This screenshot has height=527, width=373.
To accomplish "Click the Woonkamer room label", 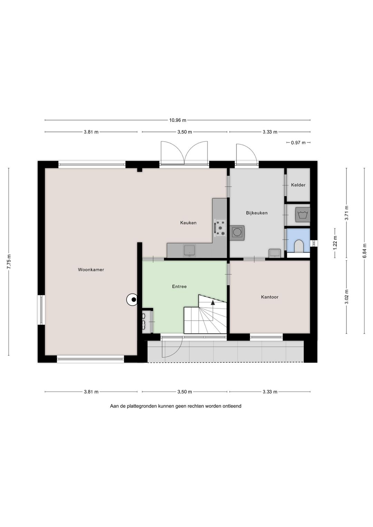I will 91,270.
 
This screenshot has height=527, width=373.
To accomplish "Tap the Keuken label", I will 188,223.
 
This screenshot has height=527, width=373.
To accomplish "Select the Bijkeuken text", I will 257,213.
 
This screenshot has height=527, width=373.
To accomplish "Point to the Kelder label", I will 298,185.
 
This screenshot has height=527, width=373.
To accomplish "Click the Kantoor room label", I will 270,297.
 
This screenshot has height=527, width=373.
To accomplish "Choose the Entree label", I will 179,286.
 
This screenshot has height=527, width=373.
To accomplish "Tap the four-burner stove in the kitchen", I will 220,228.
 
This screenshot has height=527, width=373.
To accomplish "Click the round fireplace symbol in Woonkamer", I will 132,300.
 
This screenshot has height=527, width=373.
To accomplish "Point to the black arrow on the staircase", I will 213,303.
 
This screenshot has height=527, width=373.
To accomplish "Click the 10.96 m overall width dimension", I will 178,120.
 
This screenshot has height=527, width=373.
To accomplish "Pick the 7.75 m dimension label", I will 9,261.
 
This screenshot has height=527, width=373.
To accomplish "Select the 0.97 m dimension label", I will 298,143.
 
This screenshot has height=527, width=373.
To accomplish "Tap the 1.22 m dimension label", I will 335,242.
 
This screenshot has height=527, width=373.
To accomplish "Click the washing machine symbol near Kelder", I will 303,215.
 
